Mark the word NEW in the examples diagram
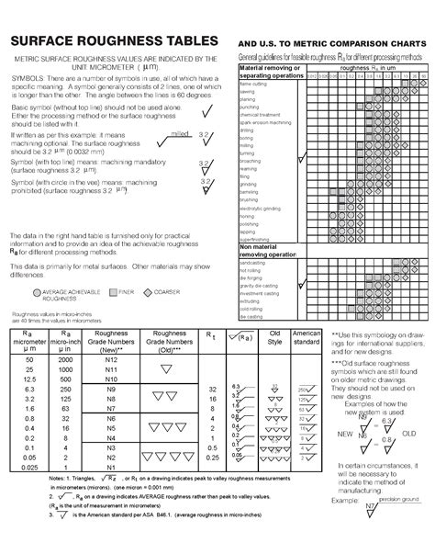[346, 406]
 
